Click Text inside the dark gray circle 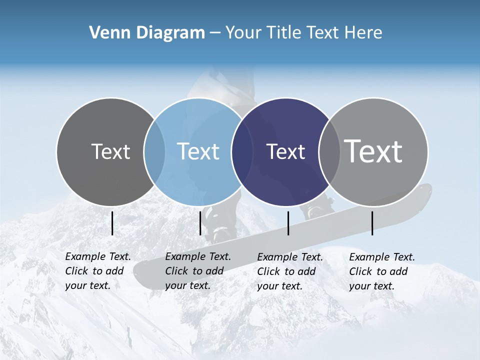[x=110, y=151]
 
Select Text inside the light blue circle [x=198, y=151]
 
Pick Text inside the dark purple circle [x=285, y=151]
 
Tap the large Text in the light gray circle [x=373, y=151]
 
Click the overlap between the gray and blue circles [x=154, y=151]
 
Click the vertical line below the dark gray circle [x=112, y=223]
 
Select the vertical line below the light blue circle [x=200, y=223]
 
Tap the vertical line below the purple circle [x=288, y=223]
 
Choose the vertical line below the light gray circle [x=372, y=223]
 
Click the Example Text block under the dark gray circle [x=97, y=271]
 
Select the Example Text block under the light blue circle [x=197, y=271]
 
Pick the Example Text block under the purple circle [x=289, y=271]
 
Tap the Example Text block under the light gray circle [x=381, y=271]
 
